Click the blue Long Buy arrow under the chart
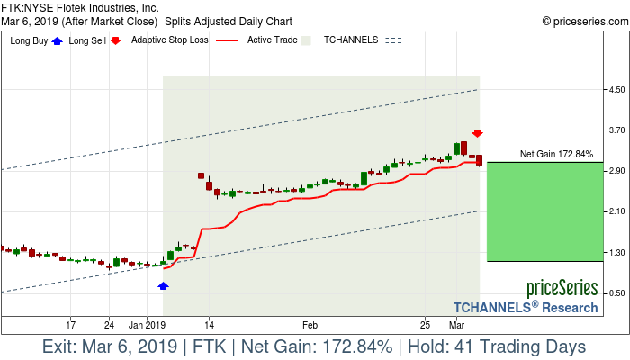point(163,285)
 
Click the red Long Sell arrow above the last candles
point(478,133)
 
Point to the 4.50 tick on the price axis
point(616,90)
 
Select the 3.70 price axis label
point(616,130)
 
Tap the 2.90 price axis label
point(616,171)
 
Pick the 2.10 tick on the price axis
point(616,211)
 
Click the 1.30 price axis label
point(616,252)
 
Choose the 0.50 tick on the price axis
point(616,292)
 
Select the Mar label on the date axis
point(457,324)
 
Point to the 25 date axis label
point(425,324)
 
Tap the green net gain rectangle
point(543,211)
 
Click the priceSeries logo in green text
point(562,288)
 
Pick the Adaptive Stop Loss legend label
point(169,40)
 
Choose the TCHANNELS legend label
point(350,40)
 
